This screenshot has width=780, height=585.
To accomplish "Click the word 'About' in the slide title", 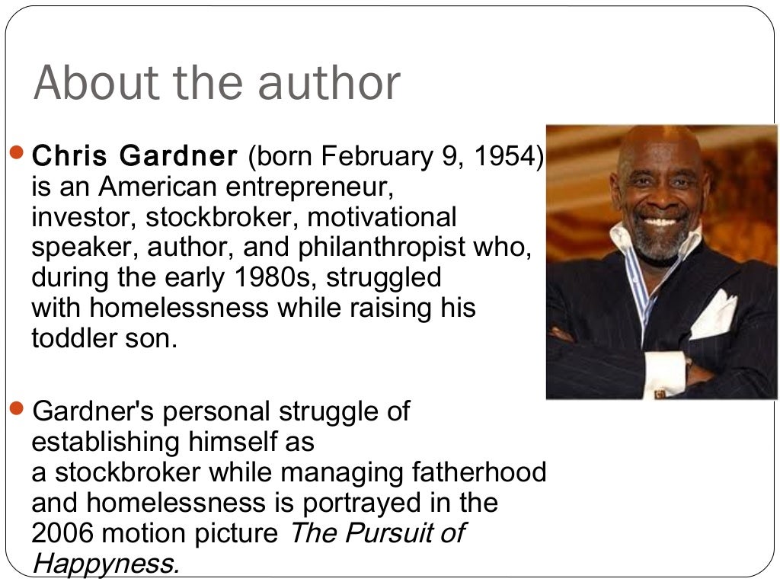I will [85, 83].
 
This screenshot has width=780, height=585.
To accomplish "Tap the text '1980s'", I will [275, 277].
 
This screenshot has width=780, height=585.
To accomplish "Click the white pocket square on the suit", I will [713, 315].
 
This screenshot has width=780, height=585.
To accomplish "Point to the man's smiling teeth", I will [661, 222].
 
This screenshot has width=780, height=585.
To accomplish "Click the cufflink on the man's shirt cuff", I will [660, 393].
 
